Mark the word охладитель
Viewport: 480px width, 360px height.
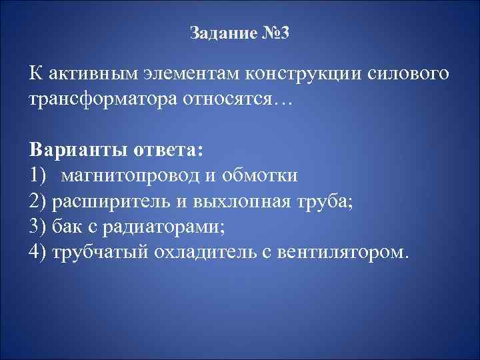207,253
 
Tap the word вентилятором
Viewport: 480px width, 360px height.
350,253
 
